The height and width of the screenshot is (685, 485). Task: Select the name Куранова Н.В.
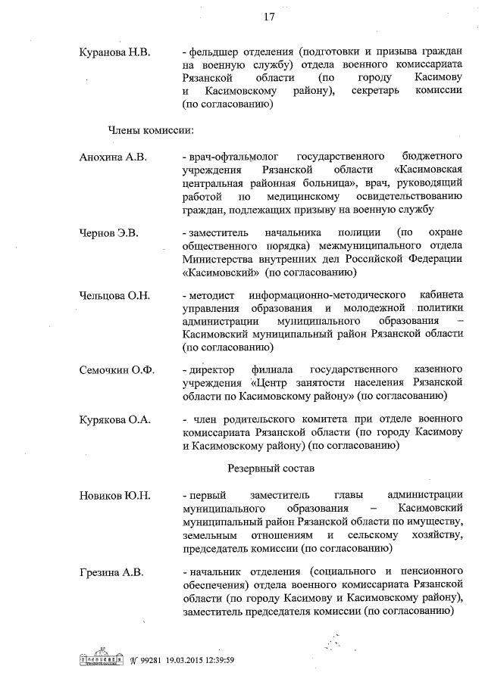pos(115,52)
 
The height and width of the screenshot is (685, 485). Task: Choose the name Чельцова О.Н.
pos(115,294)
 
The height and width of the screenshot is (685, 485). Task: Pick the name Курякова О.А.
pos(116,419)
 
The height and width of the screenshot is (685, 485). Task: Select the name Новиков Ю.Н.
pos(115,495)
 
